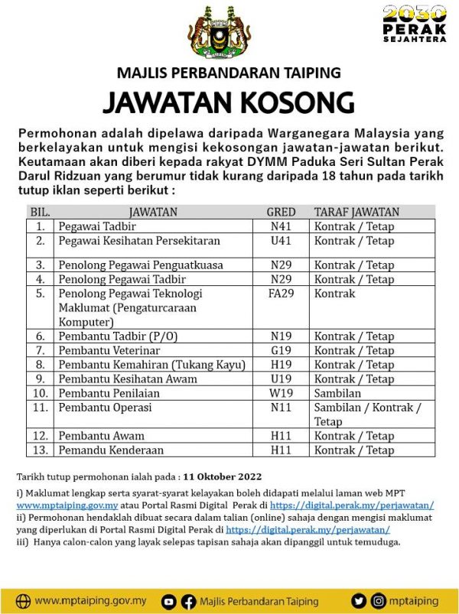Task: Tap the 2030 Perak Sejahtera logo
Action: point(414,24)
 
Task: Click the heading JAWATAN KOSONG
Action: point(229,102)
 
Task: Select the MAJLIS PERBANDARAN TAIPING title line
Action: point(229,73)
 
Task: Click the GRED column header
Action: point(281,212)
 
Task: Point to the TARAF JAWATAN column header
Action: point(356,212)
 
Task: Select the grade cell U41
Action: point(281,241)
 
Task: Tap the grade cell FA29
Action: point(281,294)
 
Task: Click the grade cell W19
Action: point(281,393)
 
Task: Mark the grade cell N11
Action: point(281,408)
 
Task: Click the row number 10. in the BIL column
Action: point(39,393)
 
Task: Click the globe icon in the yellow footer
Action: point(24,601)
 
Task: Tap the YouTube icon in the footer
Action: point(169,602)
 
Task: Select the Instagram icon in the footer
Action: point(378,602)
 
